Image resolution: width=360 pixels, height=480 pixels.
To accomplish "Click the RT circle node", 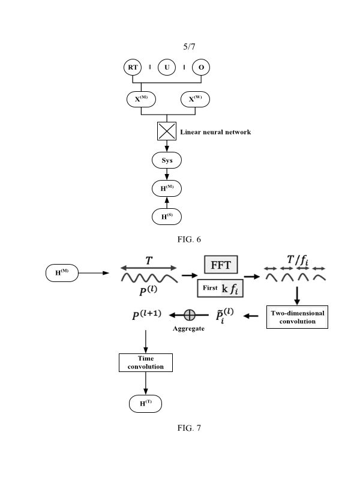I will [x=133, y=68].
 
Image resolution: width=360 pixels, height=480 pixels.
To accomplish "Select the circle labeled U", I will [x=167, y=68].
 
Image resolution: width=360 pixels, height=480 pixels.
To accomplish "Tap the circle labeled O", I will [x=201, y=68].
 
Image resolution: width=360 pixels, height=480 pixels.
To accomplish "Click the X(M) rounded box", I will [x=141, y=99].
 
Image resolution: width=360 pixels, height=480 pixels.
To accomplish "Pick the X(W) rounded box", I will [x=196, y=99].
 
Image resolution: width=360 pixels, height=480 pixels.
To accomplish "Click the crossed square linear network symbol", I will [x=167, y=131].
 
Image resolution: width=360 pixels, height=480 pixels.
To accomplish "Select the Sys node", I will [x=167, y=161].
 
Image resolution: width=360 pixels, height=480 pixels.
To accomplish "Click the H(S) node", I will [x=167, y=217].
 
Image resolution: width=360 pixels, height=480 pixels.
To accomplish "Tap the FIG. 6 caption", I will [x=189, y=239].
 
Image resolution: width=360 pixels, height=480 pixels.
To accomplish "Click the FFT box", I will [x=221, y=266].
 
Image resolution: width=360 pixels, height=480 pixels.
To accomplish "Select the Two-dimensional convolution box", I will [x=297, y=317].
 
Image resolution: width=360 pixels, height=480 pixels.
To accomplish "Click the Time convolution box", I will [x=146, y=362].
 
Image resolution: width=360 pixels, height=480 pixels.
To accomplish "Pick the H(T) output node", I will [x=146, y=404].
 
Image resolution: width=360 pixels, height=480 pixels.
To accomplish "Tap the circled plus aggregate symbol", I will [x=190, y=314].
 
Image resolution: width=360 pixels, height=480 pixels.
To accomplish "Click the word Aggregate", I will [x=188, y=329].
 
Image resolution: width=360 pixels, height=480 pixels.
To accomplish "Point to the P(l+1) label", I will [x=146, y=315].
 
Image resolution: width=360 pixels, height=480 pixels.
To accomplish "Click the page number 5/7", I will [x=189, y=46].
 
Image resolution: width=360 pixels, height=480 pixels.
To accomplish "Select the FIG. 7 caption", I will [x=189, y=428].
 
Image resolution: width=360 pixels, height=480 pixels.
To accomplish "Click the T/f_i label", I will [x=298, y=260].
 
